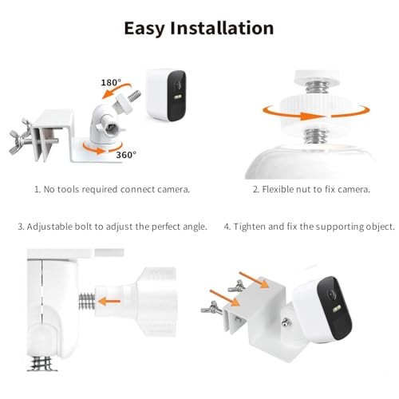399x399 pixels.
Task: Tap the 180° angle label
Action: point(111,82)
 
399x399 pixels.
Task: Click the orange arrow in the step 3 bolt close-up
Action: point(112,302)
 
